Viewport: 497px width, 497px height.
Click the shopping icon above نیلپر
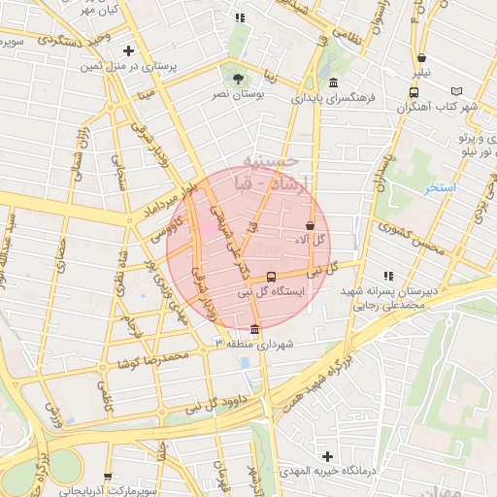click(419, 56)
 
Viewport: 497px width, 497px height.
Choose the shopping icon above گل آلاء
click(310, 225)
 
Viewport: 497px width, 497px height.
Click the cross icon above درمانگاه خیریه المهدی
click(327, 456)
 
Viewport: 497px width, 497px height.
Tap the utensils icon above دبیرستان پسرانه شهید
click(389, 276)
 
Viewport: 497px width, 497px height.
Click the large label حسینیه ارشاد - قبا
click(266, 170)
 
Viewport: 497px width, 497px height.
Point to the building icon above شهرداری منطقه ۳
click(254, 328)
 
